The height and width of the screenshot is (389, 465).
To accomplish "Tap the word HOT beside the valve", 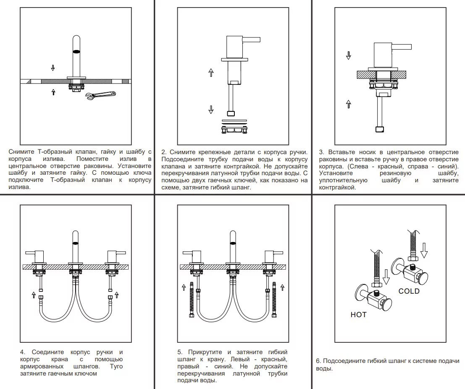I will (x=358, y=315).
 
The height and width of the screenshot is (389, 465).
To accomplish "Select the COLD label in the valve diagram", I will (x=409, y=291).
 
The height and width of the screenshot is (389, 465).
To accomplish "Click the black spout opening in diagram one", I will (x=76, y=51).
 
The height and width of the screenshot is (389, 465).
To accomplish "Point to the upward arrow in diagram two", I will (x=211, y=72).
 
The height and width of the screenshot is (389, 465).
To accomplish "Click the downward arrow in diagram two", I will (x=211, y=110).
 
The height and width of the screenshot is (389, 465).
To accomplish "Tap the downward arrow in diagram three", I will (x=348, y=55).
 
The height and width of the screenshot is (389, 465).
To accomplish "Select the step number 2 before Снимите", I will (x=163, y=152).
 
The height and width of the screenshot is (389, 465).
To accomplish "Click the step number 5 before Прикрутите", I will (x=179, y=352).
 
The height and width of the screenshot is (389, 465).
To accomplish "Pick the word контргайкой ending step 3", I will (x=337, y=187).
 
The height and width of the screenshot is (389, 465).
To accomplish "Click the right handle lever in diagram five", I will (x=279, y=253).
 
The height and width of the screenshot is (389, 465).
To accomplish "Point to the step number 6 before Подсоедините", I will (x=318, y=361).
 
